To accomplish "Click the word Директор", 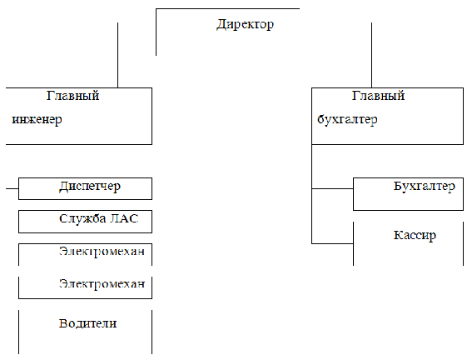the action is [x=245, y=24].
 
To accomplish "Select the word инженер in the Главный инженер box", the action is [x=37, y=119].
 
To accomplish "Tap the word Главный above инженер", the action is [x=73, y=96].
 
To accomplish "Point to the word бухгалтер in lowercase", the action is [x=347, y=119].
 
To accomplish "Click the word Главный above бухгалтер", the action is [x=379, y=96].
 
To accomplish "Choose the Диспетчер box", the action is [x=85, y=188].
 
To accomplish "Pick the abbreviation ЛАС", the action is [x=124, y=218].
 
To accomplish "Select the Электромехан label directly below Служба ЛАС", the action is [x=102, y=251].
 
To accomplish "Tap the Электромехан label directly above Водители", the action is [x=102, y=284].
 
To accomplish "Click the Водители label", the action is [x=88, y=323].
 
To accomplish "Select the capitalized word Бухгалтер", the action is [x=425, y=186].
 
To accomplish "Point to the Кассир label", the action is [x=415, y=235].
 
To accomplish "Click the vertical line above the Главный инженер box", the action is [x=117, y=55].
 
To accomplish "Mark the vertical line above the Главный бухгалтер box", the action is [x=371, y=55].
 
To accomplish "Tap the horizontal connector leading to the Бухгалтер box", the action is [x=332, y=188].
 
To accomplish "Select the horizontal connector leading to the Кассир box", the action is [x=332, y=243].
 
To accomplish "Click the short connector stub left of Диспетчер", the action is [x=12, y=189].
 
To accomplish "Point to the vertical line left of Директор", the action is [x=156, y=32].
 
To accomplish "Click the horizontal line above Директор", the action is [x=227, y=8].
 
